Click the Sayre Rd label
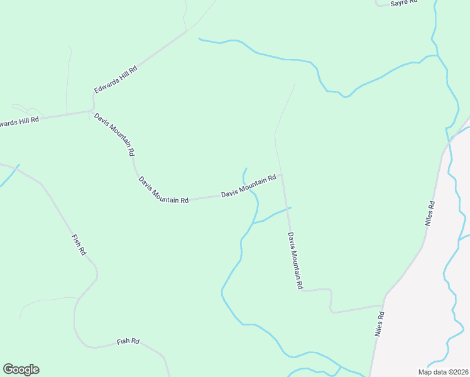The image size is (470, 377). tap(404, 3)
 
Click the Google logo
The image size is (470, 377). tap(21, 369)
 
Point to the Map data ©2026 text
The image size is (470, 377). tap(443, 372)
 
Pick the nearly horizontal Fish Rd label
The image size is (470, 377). tap(128, 342)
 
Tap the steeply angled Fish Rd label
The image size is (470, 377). tap(79, 244)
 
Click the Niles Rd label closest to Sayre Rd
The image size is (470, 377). tap(430, 213)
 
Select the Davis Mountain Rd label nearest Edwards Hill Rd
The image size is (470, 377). tap(114, 134)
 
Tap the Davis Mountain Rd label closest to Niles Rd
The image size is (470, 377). tap(295, 261)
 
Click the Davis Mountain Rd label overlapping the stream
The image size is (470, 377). tap(249, 187)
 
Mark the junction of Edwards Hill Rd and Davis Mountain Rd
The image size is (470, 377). tap(92, 111)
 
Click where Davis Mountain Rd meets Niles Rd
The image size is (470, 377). tap(383, 306)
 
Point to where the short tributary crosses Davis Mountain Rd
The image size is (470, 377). tap(288, 208)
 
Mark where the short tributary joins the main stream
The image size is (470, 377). tap(252, 223)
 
